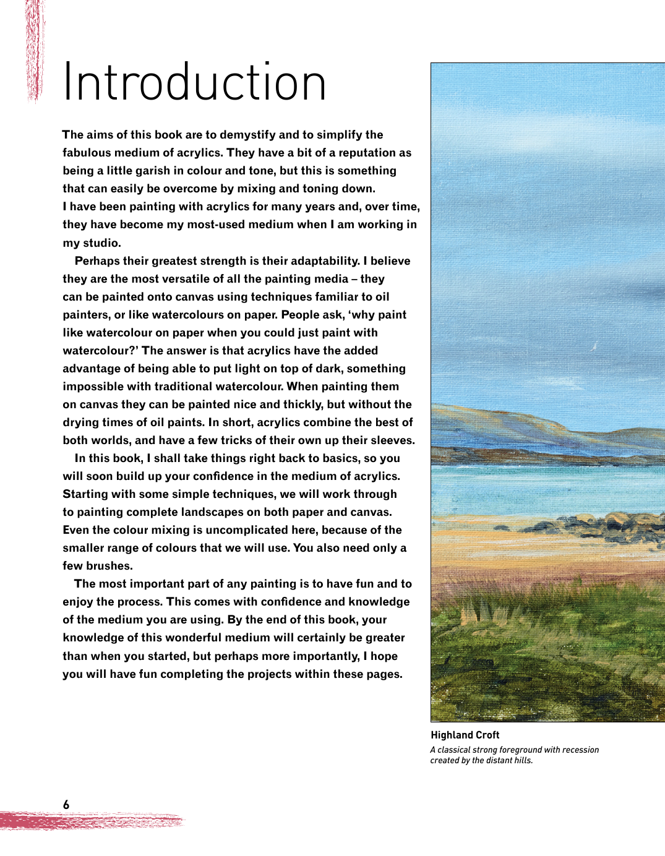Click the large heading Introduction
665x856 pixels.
click(x=194, y=82)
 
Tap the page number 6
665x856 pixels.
click(x=66, y=805)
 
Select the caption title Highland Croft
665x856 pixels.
click(x=465, y=735)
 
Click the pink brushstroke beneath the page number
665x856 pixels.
click(x=93, y=821)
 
